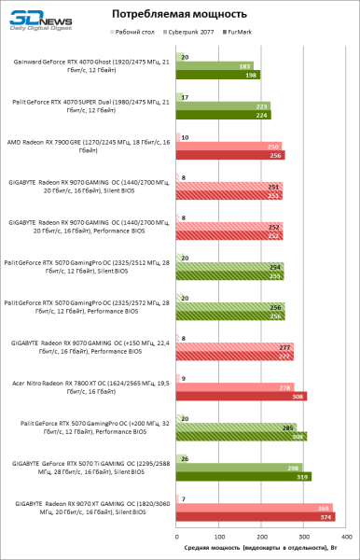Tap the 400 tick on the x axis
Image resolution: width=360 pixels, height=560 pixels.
[x=347, y=538]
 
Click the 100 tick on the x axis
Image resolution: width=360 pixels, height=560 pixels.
[x=219, y=538]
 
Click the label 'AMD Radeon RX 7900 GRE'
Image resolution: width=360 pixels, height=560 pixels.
[x=90, y=147]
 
